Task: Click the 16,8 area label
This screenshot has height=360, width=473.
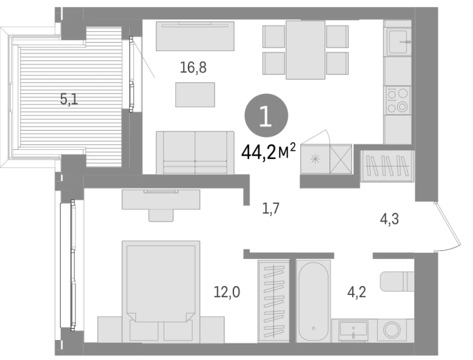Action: [x=193, y=67]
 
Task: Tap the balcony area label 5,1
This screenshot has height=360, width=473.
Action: [x=69, y=99]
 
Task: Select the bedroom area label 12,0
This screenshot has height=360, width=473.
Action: [x=227, y=292]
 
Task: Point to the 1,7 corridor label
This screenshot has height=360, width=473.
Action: [x=271, y=208]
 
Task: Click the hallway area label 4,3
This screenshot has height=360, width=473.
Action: [x=389, y=219]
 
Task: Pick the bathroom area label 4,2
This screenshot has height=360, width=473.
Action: [x=357, y=292]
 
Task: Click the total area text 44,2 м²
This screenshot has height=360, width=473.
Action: [x=269, y=152]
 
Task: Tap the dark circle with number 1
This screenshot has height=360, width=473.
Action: [x=266, y=115]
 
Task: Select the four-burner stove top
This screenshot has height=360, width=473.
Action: [x=398, y=100]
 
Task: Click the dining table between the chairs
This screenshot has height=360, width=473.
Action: [x=305, y=50]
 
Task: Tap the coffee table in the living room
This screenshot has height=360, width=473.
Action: [x=195, y=95]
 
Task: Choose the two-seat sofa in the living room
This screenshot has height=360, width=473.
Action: [x=195, y=153]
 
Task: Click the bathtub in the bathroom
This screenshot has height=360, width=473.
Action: [x=313, y=301]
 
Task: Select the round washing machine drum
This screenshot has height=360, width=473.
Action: [x=392, y=330]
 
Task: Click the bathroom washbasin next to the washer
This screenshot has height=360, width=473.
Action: [x=354, y=330]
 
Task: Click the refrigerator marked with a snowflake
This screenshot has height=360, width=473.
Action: [x=316, y=159]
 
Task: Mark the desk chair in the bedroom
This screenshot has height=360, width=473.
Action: [x=161, y=215]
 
